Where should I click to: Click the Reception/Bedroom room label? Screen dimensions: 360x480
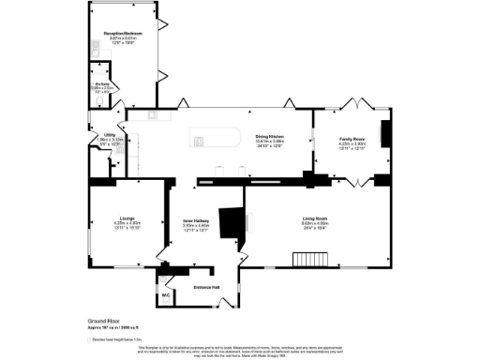click(120, 38)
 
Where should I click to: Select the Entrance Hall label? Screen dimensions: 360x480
click(205, 286)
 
